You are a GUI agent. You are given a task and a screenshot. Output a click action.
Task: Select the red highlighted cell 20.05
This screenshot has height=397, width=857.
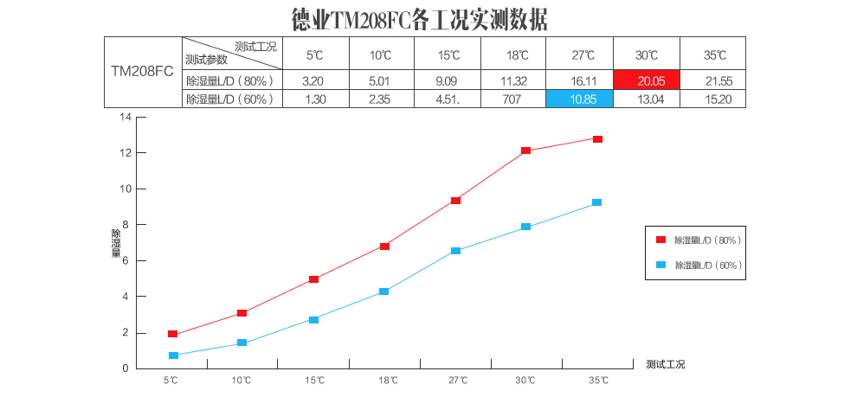pyautogui.click(x=647, y=80)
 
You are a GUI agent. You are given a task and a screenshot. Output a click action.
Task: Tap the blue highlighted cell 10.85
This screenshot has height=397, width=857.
pyautogui.click(x=579, y=99)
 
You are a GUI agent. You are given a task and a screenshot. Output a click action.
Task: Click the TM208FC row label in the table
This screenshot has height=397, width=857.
pyautogui.click(x=143, y=72)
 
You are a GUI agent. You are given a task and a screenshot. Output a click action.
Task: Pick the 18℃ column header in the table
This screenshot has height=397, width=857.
pyautogui.click(x=517, y=55)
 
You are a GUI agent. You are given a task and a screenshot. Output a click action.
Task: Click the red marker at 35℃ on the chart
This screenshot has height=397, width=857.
pyautogui.click(x=597, y=139)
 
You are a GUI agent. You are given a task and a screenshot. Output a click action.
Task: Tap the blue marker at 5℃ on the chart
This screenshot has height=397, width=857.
pyautogui.click(x=173, y=355)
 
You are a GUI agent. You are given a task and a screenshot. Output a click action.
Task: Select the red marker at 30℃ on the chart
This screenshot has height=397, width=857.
pyautogui.click(x=526, y=150)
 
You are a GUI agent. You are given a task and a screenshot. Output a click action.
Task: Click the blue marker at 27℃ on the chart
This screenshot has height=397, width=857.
pyautogui.click(x=455, y=251)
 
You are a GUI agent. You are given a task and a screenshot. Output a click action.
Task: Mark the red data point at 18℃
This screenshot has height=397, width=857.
pyautogui.click(x=384, y=247)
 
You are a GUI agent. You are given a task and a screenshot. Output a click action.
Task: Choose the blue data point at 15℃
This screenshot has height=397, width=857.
pyautogui.click(x=313, y=320)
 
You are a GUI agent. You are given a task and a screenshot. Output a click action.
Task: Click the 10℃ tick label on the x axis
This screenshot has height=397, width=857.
pyautogui.click(x=242, y=381)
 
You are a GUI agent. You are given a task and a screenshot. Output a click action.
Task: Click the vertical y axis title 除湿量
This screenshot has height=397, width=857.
pyautogui.click(x=116, y=244)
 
